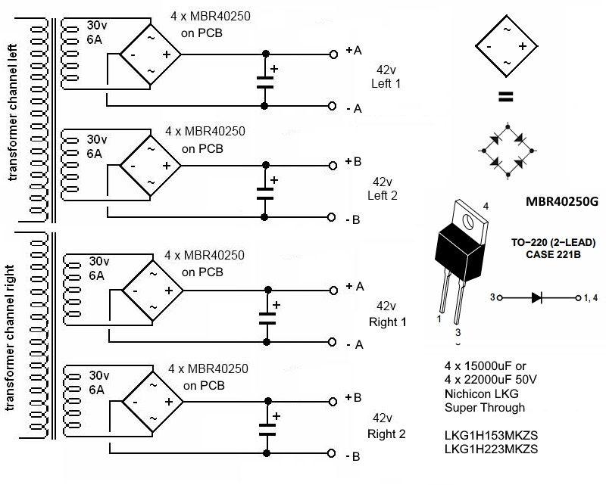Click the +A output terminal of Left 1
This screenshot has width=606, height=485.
(x=333, y=54)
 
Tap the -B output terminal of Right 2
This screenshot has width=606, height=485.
(x=331, y=453)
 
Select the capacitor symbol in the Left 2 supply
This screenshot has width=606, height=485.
(x=266, y=194)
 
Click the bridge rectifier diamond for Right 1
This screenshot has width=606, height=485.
(x=153, y=291)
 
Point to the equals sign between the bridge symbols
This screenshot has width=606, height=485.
(x=506, y=97)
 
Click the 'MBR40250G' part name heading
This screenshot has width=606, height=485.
(x=562, y=201)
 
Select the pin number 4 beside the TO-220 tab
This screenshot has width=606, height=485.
(x=486, y=207)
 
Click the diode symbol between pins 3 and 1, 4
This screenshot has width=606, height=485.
(x=536, y=297)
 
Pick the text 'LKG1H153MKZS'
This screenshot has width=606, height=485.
(x=491, y=435)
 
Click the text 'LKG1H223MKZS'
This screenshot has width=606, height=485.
(x=491, y=449)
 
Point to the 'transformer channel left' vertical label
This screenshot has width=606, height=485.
(x=13, y=113)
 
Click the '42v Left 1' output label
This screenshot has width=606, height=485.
(x=386, y=77)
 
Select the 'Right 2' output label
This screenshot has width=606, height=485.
(x=386, y=434)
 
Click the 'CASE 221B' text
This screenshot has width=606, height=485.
(x=553, y=254)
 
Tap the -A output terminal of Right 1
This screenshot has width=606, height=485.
(x=332, y=342)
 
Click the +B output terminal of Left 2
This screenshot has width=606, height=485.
(x=333, y=166)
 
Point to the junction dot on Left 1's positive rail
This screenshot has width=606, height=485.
(x=266, y=54)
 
